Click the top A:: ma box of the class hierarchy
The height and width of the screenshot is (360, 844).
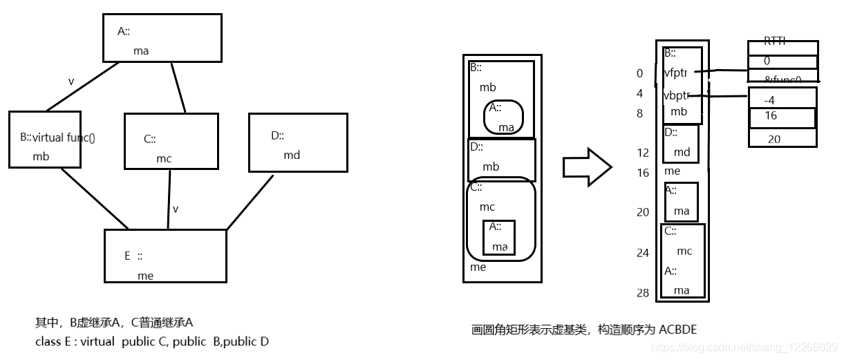(162, 38)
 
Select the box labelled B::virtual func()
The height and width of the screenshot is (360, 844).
(45, 139)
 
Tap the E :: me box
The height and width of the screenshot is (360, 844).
(165, 256)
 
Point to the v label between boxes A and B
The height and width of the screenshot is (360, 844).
(71, 82)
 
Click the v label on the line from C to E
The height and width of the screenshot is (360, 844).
(176, 209)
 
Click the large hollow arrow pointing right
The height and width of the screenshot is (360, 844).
(587, 167)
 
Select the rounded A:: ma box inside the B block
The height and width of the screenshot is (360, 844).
(503, 117)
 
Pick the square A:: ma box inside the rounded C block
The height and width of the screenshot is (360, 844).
(498, 237)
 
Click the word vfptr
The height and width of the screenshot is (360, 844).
(675, 73)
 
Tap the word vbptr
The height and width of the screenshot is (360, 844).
(676, 96)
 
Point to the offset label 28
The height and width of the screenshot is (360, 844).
(643, 293)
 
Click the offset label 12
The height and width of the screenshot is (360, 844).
(643, 153)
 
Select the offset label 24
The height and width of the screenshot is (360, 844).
(643, 253)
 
